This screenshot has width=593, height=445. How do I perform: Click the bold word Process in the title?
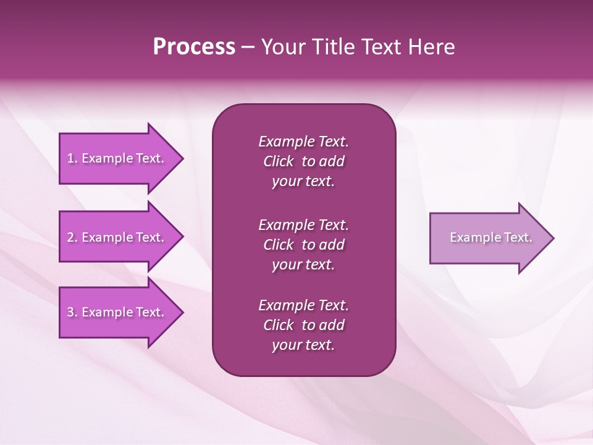coord(194,47)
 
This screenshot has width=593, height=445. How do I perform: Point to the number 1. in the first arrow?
coord(72,158)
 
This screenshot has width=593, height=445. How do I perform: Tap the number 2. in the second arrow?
coord(72,237)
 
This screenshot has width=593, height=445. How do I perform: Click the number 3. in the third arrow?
coord(72,312)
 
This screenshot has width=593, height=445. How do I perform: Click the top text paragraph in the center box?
coord(303,161)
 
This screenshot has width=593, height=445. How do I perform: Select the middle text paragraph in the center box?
coord(303,245)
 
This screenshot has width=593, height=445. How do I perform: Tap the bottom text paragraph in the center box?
coord(303,325)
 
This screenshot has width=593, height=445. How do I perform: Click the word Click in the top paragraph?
coord(278,161)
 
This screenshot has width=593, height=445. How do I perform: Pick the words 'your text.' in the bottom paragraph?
coord(303,345)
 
